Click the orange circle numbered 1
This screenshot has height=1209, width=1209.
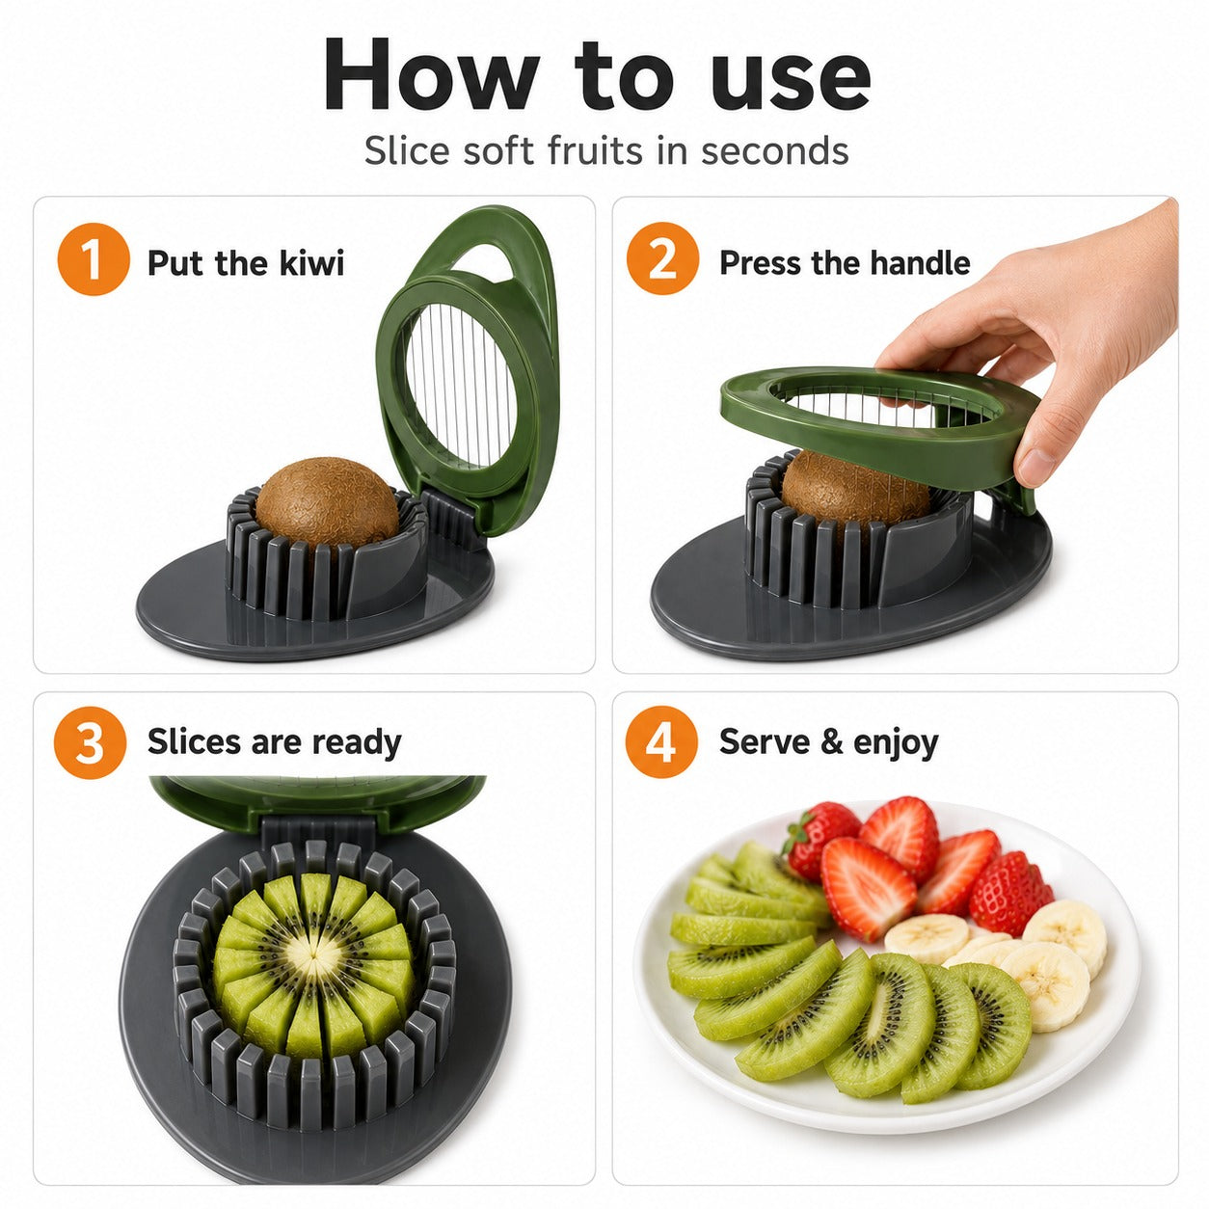93,259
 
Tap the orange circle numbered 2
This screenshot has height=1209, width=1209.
662,258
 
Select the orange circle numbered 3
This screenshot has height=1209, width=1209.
90,742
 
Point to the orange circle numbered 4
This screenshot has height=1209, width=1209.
660,741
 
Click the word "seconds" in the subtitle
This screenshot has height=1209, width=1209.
775,151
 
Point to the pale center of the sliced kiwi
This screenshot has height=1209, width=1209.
313,956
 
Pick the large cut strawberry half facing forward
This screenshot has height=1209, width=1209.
868,889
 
